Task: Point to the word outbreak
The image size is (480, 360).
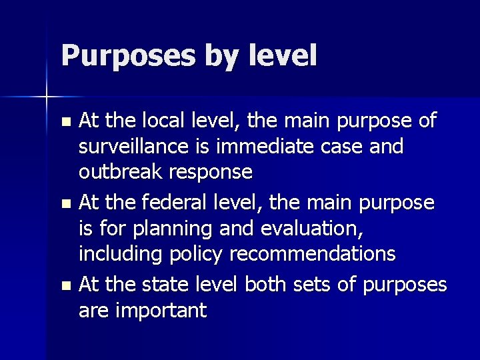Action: coord(122,172)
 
